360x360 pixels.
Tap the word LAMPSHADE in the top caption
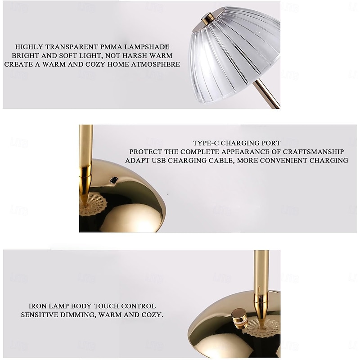[147, 47]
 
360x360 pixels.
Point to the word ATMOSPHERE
[155, 64]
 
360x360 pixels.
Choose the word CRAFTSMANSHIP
[313, 152]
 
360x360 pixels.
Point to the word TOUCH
[106, 306]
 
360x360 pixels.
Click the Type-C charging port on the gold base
[114, 180]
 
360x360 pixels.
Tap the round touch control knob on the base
[239, 319]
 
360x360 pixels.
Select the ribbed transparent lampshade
[234, 54]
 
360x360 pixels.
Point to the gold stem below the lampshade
[267, 94]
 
